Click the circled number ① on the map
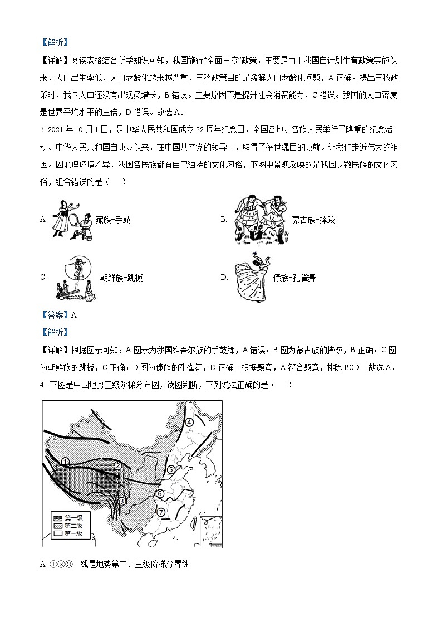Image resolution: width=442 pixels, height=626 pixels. (x=65, y=462)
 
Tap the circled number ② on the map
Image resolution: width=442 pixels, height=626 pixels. (x=118, y=465)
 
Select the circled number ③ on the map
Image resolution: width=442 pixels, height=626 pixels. (x=121, y=501)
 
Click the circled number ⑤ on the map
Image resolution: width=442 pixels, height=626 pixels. (x=170, y=469)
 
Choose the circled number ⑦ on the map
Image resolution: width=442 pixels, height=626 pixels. (x=160, y=512)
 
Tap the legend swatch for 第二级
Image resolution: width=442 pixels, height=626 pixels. (x=57, y=526)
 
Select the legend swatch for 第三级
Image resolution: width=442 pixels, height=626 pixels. (x=57, y=533)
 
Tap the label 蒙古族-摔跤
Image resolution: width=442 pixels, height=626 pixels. (x=313, y=220)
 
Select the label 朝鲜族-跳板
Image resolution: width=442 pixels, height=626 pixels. (x=121, y=278)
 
